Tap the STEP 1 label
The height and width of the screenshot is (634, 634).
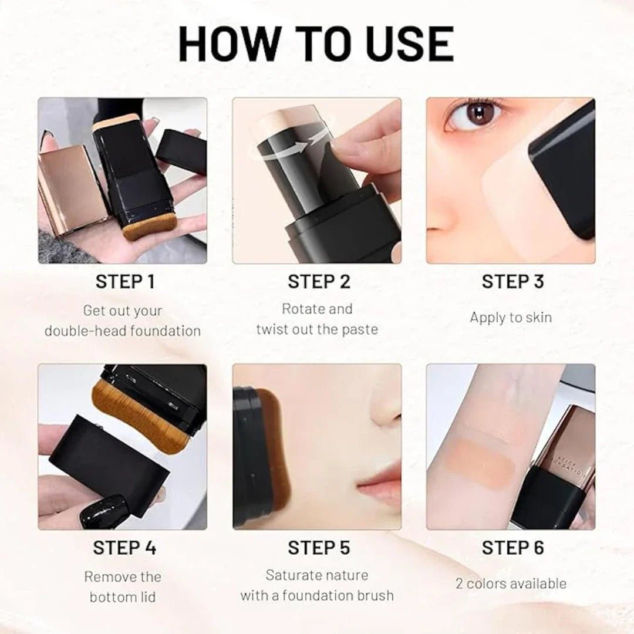coord(125,282)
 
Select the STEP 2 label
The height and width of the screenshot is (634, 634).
coord(319,282)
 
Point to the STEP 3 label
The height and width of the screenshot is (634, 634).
coord(512,282)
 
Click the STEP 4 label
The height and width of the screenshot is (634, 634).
coord(124,548)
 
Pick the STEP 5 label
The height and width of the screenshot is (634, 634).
coord(319,548)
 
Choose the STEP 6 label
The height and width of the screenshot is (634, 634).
coord(512,548)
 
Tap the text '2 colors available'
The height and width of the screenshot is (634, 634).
coord(511,584)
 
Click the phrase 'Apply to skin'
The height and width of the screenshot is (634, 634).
coord(511,318)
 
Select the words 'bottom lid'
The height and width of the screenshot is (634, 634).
coord(123,597)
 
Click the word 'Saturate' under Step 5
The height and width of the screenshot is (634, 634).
coord(292,575)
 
